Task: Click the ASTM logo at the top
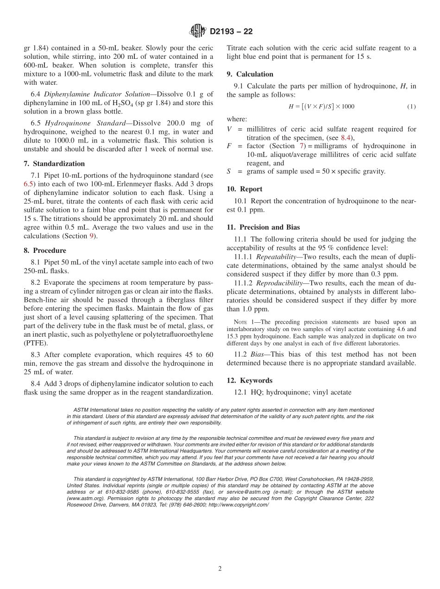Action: [x=198, y=31]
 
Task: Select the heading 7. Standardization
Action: [x=58, y=164]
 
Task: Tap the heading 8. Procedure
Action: [x=48, y=251]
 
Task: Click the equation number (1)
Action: [x=411, y=107]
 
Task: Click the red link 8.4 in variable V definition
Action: [x=346, y=138]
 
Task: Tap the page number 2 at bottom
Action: [x=220, y=569]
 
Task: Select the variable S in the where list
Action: [x=229, y=171]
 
